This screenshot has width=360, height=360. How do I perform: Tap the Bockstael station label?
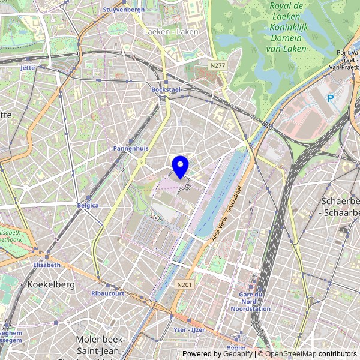(x=166, y=89)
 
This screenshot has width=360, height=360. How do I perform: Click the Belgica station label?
(x=88, y=205)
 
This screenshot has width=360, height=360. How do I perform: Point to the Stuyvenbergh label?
(x=124, y=10)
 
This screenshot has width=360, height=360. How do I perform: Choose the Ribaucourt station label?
(x=108, y=293)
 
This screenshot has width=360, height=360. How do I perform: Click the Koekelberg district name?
(x=52, y=284)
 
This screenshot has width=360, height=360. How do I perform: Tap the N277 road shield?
(x=217, y=64)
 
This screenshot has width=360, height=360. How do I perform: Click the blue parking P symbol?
(x=330, y=98)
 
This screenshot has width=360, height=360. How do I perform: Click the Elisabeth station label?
(x=47, y=265)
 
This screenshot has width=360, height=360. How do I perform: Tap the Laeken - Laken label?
(x=171, y=31)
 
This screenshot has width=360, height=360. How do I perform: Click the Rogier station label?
(x=238, y=347)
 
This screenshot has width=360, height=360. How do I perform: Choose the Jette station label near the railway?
(x=28, y=68)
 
